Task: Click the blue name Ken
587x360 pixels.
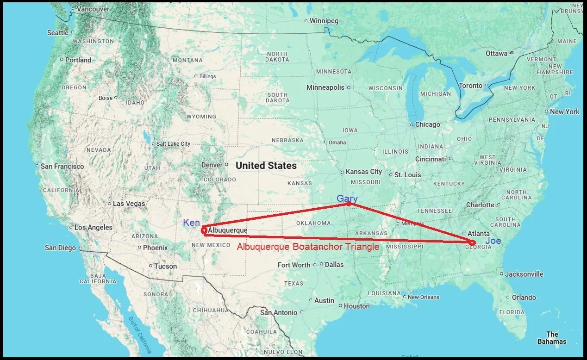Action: click(192, 223)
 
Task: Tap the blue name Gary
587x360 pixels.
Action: click(347, 199)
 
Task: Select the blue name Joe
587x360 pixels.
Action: click(493, 241)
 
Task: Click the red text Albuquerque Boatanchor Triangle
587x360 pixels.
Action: click(308, 247)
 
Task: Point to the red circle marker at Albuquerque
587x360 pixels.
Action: click(204, 230)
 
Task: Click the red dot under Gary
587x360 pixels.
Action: click(349, 204)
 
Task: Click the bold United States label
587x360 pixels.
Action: click(266, 165)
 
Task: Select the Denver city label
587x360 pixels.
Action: click(212, 165)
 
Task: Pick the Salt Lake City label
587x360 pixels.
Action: click(173, 144)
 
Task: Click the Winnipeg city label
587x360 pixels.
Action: click(324, 21)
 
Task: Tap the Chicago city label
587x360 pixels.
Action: click(428, 124)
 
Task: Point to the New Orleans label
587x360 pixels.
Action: click(424, 297)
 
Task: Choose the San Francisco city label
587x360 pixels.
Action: click(62, 166)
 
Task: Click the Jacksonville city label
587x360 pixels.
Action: click(524, 274)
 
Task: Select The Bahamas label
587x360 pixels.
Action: click(552, 338)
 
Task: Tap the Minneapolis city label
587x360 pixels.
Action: click(325, 87)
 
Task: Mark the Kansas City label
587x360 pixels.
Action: click(364, 172)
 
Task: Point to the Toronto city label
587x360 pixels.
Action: click(471, 86)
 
